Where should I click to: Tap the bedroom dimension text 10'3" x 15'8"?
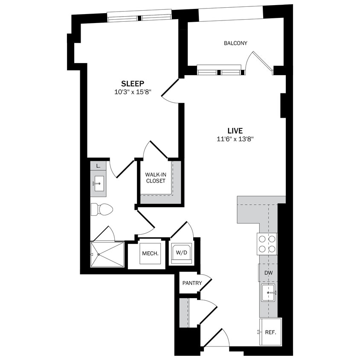click(133, 91)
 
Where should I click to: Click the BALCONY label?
click(235, 43)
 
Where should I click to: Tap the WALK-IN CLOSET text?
click(155, 177)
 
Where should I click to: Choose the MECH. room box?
click(150, 253)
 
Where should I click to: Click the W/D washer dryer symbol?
click(182, 253)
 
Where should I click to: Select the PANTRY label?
click(192, 283)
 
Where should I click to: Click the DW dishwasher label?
click(268, 273)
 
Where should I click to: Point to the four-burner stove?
click(267, 244)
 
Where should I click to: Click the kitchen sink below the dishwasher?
click(269, 293)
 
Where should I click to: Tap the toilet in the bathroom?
click(102, 209)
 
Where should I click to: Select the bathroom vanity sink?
click(99, 184)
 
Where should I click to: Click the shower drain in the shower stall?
click(99, 255)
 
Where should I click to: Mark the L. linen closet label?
click(98, 165)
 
